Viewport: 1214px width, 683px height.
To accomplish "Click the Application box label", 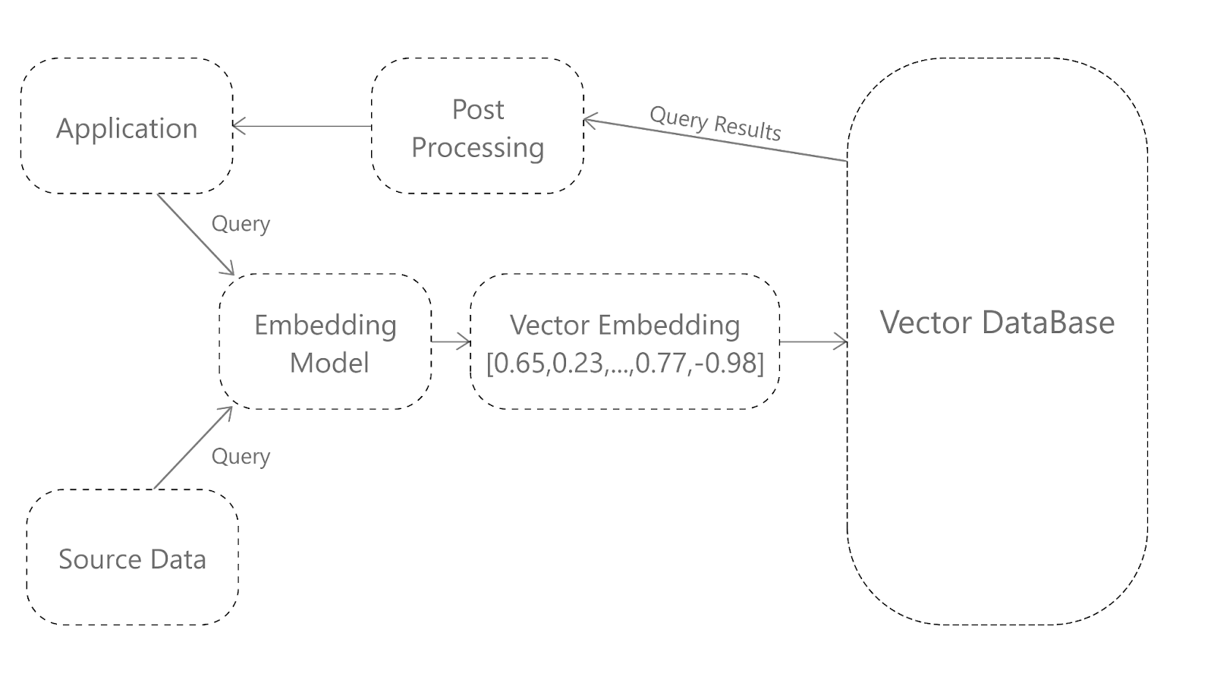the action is click(127, 129).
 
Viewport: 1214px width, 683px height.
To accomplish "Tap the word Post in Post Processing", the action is click(478, 109).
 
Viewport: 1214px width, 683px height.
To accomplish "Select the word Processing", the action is click(477, 148).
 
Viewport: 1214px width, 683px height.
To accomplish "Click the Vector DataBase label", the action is click(997, 322).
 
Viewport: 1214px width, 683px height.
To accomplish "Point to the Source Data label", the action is click(132, 559).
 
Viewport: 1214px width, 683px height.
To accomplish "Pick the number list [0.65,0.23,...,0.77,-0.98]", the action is click(625, 363).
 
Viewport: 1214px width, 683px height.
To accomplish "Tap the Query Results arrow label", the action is click(716, 124).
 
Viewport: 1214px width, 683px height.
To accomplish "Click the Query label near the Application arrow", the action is click(241, 225).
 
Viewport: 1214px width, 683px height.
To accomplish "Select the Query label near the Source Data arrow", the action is click(241, 457).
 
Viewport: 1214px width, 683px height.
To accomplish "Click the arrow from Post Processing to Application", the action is click(302, 126).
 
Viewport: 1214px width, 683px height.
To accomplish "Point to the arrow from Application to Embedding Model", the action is click(196, 234).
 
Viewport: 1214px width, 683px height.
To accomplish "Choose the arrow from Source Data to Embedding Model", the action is click(193, 448).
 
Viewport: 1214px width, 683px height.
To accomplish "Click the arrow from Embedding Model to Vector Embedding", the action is click(451, 341).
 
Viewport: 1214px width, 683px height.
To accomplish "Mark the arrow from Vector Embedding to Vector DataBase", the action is click(813, 342).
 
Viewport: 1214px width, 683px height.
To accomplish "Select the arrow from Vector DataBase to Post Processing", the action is click(716, 140).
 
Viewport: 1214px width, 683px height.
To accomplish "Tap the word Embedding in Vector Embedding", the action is click(670, 326).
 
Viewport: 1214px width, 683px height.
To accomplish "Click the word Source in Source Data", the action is click(100, 559).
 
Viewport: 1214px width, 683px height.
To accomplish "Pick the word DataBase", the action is click(1048, 322).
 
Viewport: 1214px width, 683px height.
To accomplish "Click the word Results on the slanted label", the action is click(748, 129).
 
